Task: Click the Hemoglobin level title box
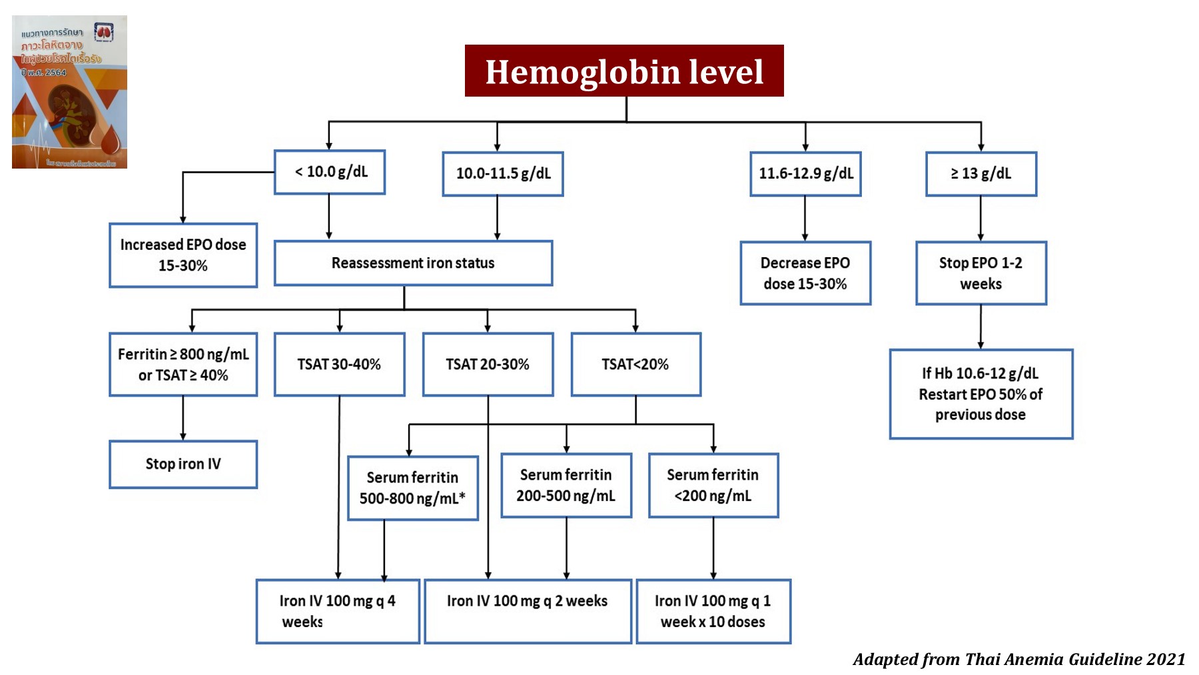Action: pyautogui.click(x=624, y=71)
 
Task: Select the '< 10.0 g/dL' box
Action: pyautogui.click(x=330, y=172)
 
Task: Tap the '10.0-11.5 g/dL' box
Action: pyautogui.click(x=503, y=174)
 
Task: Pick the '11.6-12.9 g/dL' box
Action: pyautogui.click(x=805, y=174)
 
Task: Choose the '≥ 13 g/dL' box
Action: pyautogui.click(x=981, y=174)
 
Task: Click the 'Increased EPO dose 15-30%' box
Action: pyautogui.click(x=183, y=255)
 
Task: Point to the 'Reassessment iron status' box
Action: pyautogui.click(x=413, y=263)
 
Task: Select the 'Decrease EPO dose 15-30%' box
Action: pyautogui.click(x=805, y=273)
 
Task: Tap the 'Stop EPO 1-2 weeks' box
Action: pyautogui.click(x=981, y=273)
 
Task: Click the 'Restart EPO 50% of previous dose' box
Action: pyautogui.click(x=981, y=394)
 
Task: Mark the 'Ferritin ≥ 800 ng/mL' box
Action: pyautogui.click(x=183, y=364)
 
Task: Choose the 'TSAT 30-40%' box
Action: pyautogui.click(x=339, y=364)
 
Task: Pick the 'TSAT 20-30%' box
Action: pyautogui.click(x=488, y=364)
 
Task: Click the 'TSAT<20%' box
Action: pyautogui.click(x=635, y=364)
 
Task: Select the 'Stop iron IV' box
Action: pyautogui.click(x=183, y=464)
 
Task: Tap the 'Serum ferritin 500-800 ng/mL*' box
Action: pyautogui.click(x=413, y=488)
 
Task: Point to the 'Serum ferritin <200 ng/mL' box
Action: pyautogui.click(x=713, y=486)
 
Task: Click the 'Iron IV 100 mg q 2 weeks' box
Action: pyautogui.click(x=528, y=611)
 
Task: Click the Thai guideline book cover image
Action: pyautogui.click(x=69, y=92)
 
